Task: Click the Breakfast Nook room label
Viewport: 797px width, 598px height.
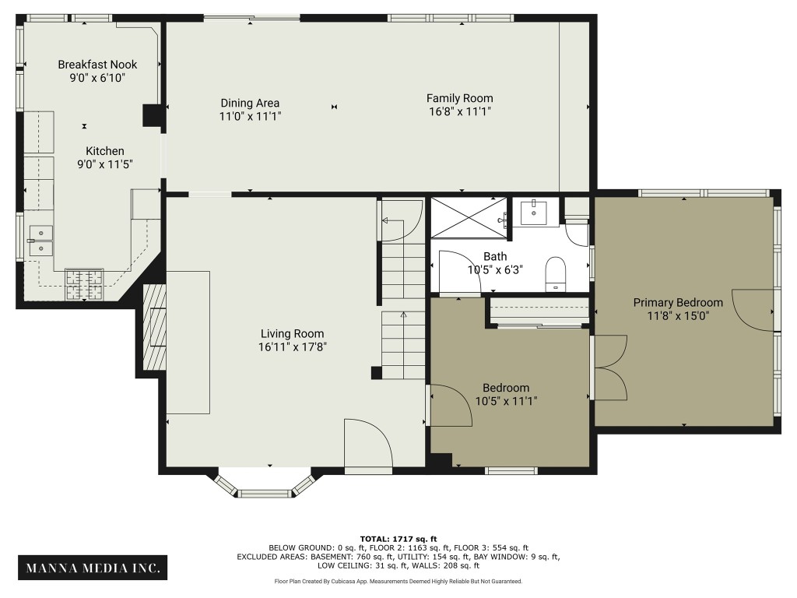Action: [x=97, y=65]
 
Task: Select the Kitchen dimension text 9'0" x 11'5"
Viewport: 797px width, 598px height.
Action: [x=105, y=164]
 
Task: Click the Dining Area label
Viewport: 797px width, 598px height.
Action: [x=250, y=103]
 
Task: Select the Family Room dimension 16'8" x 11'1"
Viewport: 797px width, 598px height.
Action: [x=459, y=111]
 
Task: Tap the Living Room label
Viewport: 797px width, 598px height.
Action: [x=292, y=334]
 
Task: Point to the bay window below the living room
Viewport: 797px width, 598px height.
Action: [x=265, y=487]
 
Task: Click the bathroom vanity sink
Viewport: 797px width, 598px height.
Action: [x=535, y=213]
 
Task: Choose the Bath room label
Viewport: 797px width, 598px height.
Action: [x=495, y=256]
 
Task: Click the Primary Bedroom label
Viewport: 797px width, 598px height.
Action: [x=677, y=302]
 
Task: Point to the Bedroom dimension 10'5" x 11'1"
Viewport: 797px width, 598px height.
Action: [x=506, y=401]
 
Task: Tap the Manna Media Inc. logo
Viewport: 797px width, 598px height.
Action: [x=92, y=568]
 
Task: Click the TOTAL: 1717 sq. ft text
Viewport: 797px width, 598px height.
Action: [x=398, y=538]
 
